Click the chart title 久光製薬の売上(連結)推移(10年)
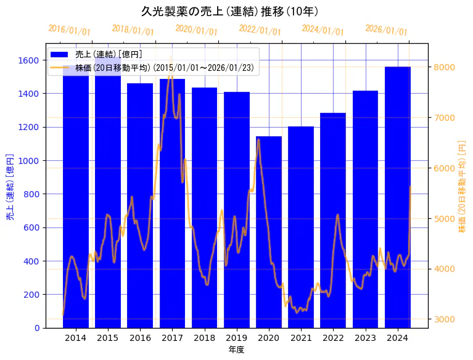coord(229,11)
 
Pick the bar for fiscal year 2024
coord(398,197)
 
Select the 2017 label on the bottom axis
coord(172,338)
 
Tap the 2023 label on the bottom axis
coord(365,338)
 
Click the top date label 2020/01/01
coord(196,30)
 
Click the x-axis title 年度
coord(236,350)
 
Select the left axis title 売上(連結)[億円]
coord(10,186)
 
